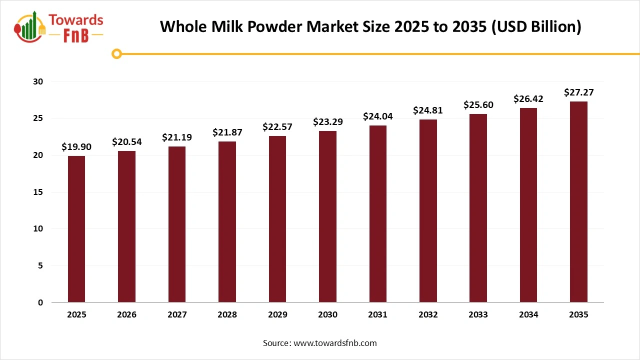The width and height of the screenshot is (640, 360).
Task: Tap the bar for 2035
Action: tap(578, 202)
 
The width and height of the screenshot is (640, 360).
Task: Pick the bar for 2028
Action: tap(227, 222)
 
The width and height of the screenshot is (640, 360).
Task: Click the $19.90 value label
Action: tap(76, 146)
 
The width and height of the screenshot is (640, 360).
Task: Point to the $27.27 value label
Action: tap(578, 92)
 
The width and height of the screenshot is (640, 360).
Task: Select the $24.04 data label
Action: tap(377, 116)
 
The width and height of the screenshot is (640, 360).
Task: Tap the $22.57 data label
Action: tap(277, 127)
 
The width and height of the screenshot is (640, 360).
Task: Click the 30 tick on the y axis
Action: tap(38, 81)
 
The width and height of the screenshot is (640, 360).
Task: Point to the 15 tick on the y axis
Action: tap(38, 192)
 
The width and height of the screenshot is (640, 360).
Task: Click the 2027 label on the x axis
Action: tap(177, 315)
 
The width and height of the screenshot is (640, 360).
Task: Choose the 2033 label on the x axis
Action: tap(478, 315)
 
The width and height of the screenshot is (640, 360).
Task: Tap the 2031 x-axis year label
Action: tap(377, 315)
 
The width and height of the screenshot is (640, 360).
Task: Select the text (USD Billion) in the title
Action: tap(536, 26)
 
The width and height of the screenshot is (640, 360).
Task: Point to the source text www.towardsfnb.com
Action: tap(335, 343)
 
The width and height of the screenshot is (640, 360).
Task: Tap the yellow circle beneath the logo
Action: tap(116, 53)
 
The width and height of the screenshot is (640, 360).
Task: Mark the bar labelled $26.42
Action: tap(528, 205)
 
